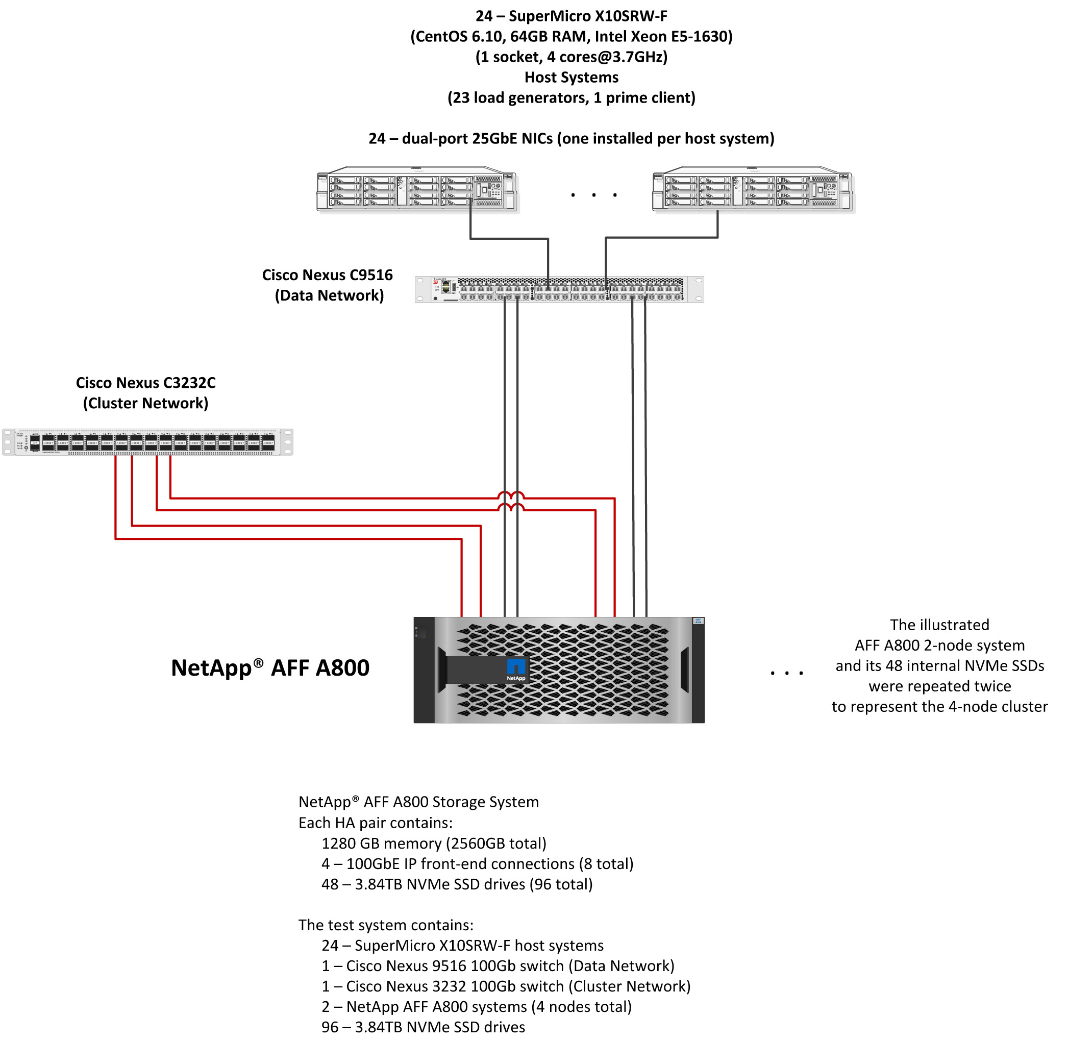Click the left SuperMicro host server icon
click(x=417, y=189)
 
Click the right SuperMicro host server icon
click(x=753, y=189)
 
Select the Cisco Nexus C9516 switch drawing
click(x=559, y=289)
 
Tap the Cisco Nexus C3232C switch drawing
click(x=147, y=442)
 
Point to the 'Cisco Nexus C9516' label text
click(x=327, y=275)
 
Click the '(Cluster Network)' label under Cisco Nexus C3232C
click(x=145, y=403)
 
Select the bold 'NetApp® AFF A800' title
click(x=270, y=667)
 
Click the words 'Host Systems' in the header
click(x=572, y=77)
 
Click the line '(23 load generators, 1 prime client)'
click(x=572, y=98)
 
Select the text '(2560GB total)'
click(x=496, y=843)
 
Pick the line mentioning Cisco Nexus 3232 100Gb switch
click(x=506, y=986)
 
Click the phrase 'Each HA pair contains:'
click(x=375, y=823)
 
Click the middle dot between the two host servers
click(x=593, y=194)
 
